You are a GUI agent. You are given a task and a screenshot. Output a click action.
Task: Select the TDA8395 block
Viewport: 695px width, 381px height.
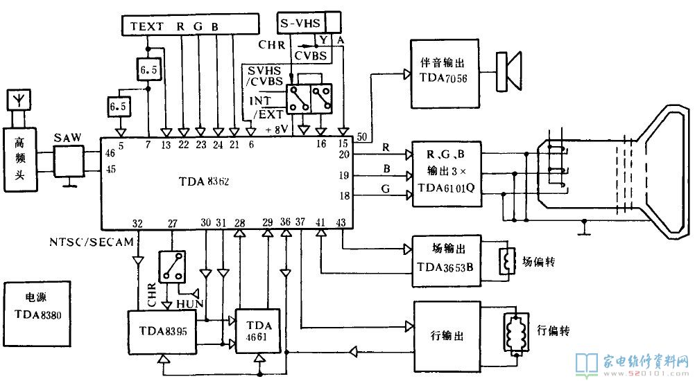coord(162,331)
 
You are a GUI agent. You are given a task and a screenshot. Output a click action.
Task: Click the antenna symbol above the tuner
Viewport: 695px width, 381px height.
coord(17,101)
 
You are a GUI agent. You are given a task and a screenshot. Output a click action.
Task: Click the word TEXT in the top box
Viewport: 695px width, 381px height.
coord(146,27)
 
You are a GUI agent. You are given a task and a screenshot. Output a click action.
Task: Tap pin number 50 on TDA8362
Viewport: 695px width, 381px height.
coord(362,136)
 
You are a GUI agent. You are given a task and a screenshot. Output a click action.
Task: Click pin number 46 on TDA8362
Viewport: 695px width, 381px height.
coord(109,153)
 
